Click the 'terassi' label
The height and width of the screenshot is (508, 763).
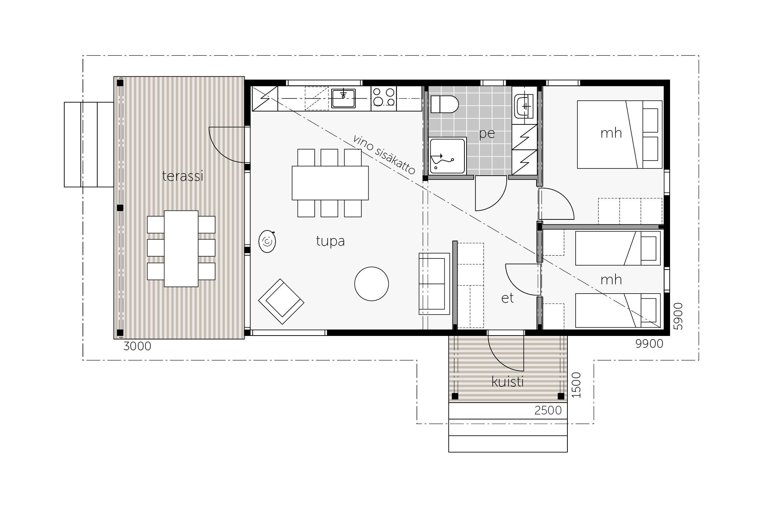click(183, 176)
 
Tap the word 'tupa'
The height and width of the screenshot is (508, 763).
click(330, 241)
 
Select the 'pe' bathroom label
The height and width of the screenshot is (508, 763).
click(487, 134)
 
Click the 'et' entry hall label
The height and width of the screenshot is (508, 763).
click(507, 298)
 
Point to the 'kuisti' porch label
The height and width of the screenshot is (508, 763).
click(507, 382)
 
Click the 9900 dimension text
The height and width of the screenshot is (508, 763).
click(649, 344)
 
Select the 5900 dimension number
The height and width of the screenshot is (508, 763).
click(678, 316)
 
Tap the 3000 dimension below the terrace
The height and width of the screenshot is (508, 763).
click(137, 346)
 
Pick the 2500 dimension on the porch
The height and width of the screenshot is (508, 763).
click(548, 410)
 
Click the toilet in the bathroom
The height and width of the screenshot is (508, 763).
click(445, 104)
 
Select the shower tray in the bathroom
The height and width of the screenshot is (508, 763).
click(448, 156)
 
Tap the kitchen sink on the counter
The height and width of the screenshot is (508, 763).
click(343, 98)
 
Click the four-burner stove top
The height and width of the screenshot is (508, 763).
click(384, 97)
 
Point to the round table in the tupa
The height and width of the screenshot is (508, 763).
click(371, 284)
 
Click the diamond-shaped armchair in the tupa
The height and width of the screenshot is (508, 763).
click(281, 302)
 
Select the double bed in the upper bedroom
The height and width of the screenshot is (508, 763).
click(619, 134)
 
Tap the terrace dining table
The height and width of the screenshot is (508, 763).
click(181, 248)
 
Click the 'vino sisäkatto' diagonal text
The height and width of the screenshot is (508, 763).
click(384, 155)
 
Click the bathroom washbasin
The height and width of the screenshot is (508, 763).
click(525, 106)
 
